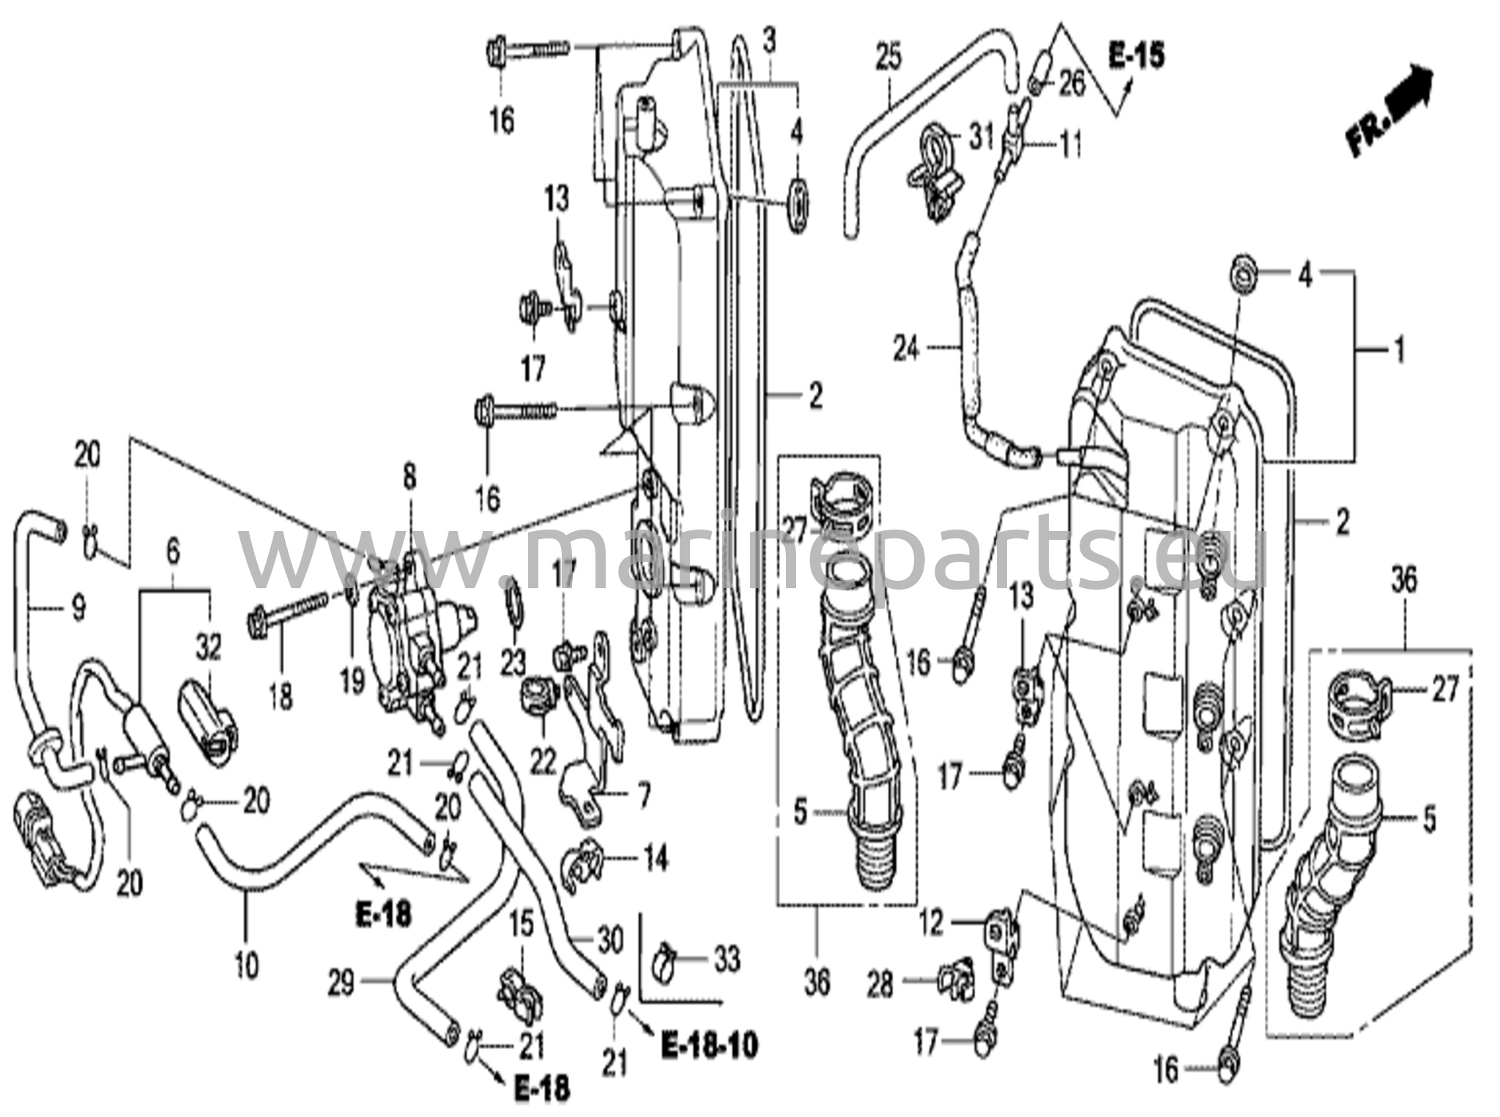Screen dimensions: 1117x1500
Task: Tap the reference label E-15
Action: coord(1136,56)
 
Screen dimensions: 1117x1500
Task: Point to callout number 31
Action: coord(981,137)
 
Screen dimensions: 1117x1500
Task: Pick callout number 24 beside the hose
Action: coord(905,349)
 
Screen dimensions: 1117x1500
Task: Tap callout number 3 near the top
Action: coord(768,42)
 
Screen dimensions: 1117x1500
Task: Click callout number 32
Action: coord(208,648)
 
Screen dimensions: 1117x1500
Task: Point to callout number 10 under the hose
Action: coord(248,966)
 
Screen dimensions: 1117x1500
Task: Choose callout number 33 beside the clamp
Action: coord(727,960)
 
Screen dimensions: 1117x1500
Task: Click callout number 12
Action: coord(932,924)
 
